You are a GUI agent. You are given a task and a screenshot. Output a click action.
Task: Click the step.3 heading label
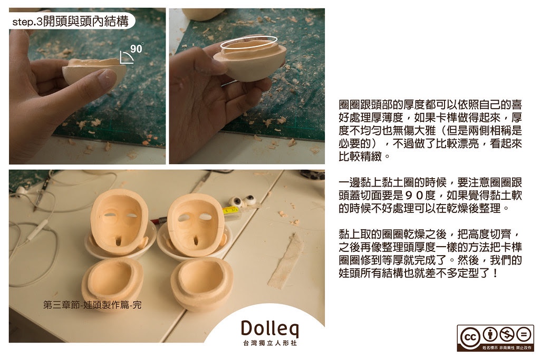point(70,21)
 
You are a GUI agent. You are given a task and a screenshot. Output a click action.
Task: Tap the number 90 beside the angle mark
point(137,48)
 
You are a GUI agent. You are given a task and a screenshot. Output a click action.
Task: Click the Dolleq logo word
point(269,329)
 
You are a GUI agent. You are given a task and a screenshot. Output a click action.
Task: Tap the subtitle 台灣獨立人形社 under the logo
point(269,343)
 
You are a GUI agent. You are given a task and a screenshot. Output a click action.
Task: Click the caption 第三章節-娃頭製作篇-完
point(92,305)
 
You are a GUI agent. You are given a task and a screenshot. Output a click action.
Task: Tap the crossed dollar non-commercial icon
point(507,334)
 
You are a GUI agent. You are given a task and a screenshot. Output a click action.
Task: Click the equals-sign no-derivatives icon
point(524,334)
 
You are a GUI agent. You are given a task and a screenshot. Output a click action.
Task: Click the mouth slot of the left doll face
point(118,241)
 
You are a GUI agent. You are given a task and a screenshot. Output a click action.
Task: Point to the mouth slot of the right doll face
point(195,240)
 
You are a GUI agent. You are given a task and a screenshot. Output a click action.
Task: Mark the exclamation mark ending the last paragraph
point(495,273)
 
